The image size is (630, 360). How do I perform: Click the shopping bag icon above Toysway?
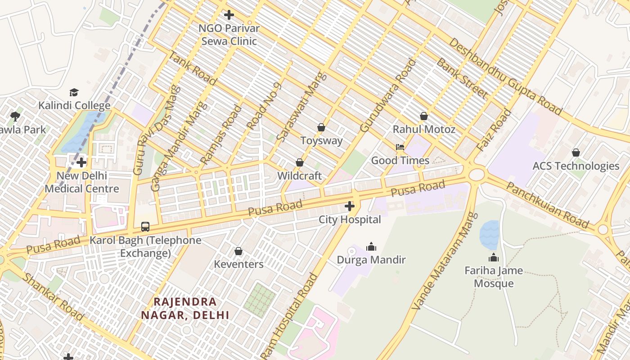click(x=321, y=128)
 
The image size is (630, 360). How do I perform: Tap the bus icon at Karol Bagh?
click(x=145, y=227)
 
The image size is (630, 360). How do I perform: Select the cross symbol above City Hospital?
click(x=350, y=207)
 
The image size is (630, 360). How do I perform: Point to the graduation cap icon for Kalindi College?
click(x=74, y=93)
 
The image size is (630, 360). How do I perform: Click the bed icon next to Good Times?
click(x=400, y=147)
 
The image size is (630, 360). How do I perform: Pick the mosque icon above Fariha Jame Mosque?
click(x=494, y=258)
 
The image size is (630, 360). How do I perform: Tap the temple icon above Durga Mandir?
click(x=371, y=247)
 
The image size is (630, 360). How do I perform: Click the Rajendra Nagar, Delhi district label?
click(x=185, y=308)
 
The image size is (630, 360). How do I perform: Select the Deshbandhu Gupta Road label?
click(x=506, y=76)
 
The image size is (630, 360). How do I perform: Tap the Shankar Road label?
click(x=53, y=297)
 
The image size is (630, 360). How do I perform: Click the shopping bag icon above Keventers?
click(x=238, y=251)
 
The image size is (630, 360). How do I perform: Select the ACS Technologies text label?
click(x=576, y=166)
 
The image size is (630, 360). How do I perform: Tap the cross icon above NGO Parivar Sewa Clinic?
click(x=229, y=15)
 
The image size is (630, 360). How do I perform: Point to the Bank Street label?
click(x=462, y=78)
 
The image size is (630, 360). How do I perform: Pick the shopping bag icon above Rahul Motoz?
click(x=424, y=117)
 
